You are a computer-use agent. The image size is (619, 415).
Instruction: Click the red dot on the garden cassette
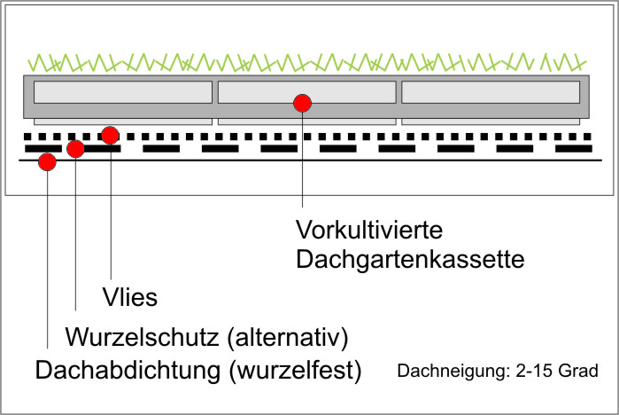tap(303, 103)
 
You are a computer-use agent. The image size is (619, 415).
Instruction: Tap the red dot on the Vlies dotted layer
tap(110, 136)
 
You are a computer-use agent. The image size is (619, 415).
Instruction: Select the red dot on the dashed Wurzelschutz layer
tap(75, 149)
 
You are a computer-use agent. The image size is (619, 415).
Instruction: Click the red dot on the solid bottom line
tap(47, 162)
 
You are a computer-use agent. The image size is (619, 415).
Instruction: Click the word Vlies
tap(128, 297)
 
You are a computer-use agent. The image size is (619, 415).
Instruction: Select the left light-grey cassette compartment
tap(123, 91)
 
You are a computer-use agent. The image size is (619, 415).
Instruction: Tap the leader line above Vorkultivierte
tap(303, 168)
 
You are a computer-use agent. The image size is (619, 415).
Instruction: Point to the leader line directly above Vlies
tap(111, 213)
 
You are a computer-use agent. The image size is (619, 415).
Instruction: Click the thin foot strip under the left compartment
tap(123, 121)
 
